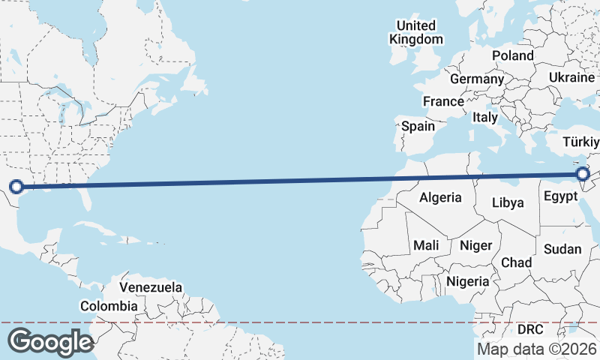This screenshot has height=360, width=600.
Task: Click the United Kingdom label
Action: (x=415, y=32)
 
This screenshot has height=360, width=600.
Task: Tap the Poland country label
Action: (x=513, y=55)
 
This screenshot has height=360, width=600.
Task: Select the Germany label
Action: (x=477, y=79)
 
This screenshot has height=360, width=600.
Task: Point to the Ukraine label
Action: (x=571, y=77)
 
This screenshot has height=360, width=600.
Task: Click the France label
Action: (x=443, y=101)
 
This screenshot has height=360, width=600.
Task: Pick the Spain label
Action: (x=418, y=126)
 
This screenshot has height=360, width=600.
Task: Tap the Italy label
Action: (x=485, y=117)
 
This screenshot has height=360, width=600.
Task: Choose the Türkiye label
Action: (x=581, y=142)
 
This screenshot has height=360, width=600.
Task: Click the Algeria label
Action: (x=440, y=198)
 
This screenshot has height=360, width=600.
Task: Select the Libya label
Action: (x=507, y=202)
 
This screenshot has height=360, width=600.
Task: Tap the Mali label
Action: (x=426, y=245)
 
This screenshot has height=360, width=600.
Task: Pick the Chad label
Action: (x=516, y=262)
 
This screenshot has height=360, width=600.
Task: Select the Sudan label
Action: (x=563, y=249)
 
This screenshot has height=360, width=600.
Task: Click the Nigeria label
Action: (x=467, y=282)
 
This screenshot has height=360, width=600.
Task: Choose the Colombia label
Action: (x=109, y=306)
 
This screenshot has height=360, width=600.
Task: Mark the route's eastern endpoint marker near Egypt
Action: (x=583, y=175)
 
